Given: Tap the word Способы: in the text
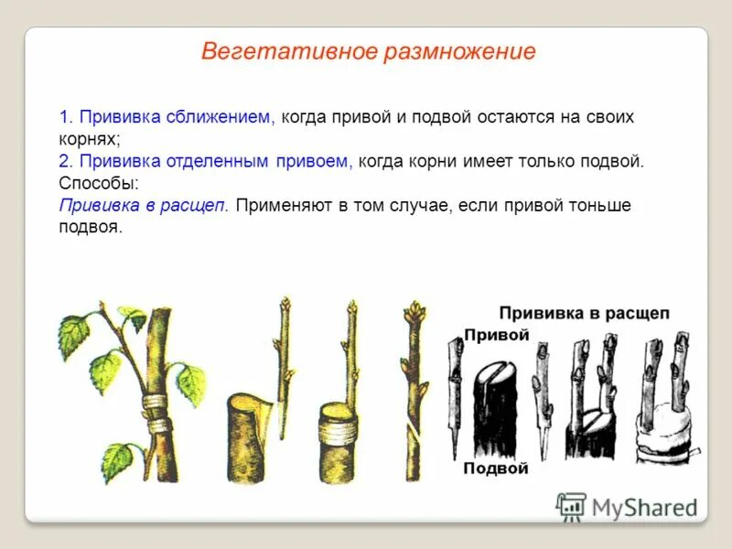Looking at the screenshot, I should pos(99,183).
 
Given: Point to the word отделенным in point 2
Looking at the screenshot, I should pos(220,161).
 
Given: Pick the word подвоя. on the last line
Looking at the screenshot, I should pos(91,227).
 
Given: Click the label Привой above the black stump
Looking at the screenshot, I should pos(497,335).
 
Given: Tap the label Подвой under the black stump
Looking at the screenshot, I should pos(496,468).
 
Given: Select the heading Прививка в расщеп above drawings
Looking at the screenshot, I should pos(584,313).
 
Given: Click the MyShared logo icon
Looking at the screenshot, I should pos(571,506).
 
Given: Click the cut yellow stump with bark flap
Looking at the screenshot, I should pos(249,435).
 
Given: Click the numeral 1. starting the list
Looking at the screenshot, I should pos(66,117).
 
